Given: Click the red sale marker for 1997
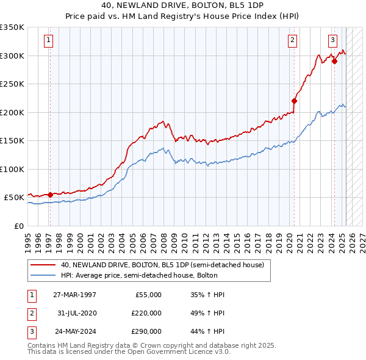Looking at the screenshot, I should pos(50,195).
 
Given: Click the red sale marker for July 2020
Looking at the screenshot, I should pos(294,101).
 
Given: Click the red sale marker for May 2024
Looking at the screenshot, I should pos(334,61).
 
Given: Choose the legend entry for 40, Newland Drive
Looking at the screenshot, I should pos(162,265).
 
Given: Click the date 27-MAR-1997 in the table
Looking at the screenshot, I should pos(74,295).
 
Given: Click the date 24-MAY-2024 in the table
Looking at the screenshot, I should pos(74,333).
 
